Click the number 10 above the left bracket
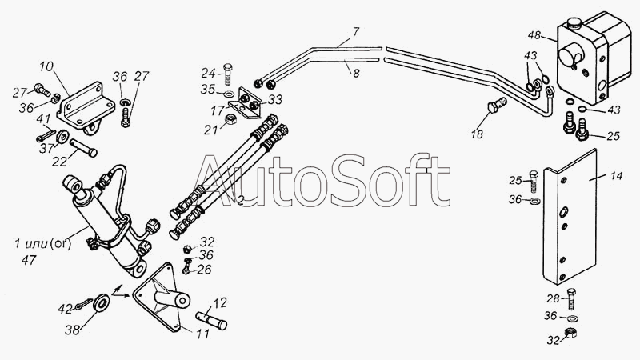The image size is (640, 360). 46,66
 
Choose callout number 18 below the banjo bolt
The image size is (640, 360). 477,134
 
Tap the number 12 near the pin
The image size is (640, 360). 219,302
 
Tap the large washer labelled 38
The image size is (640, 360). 102,304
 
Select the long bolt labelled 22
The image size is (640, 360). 85,149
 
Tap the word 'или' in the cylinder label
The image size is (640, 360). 34,244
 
